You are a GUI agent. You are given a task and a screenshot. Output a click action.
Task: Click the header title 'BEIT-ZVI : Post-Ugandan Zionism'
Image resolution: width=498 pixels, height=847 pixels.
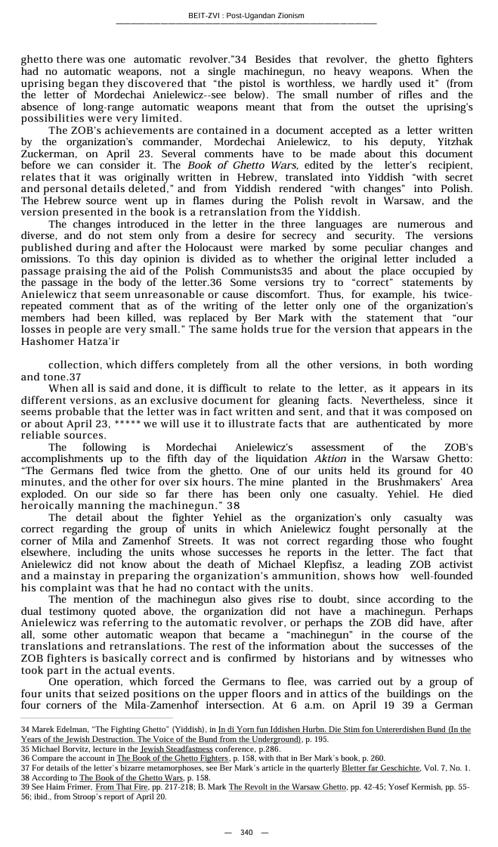246,15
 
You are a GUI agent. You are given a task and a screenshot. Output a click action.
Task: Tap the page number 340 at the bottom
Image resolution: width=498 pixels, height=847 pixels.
246,832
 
